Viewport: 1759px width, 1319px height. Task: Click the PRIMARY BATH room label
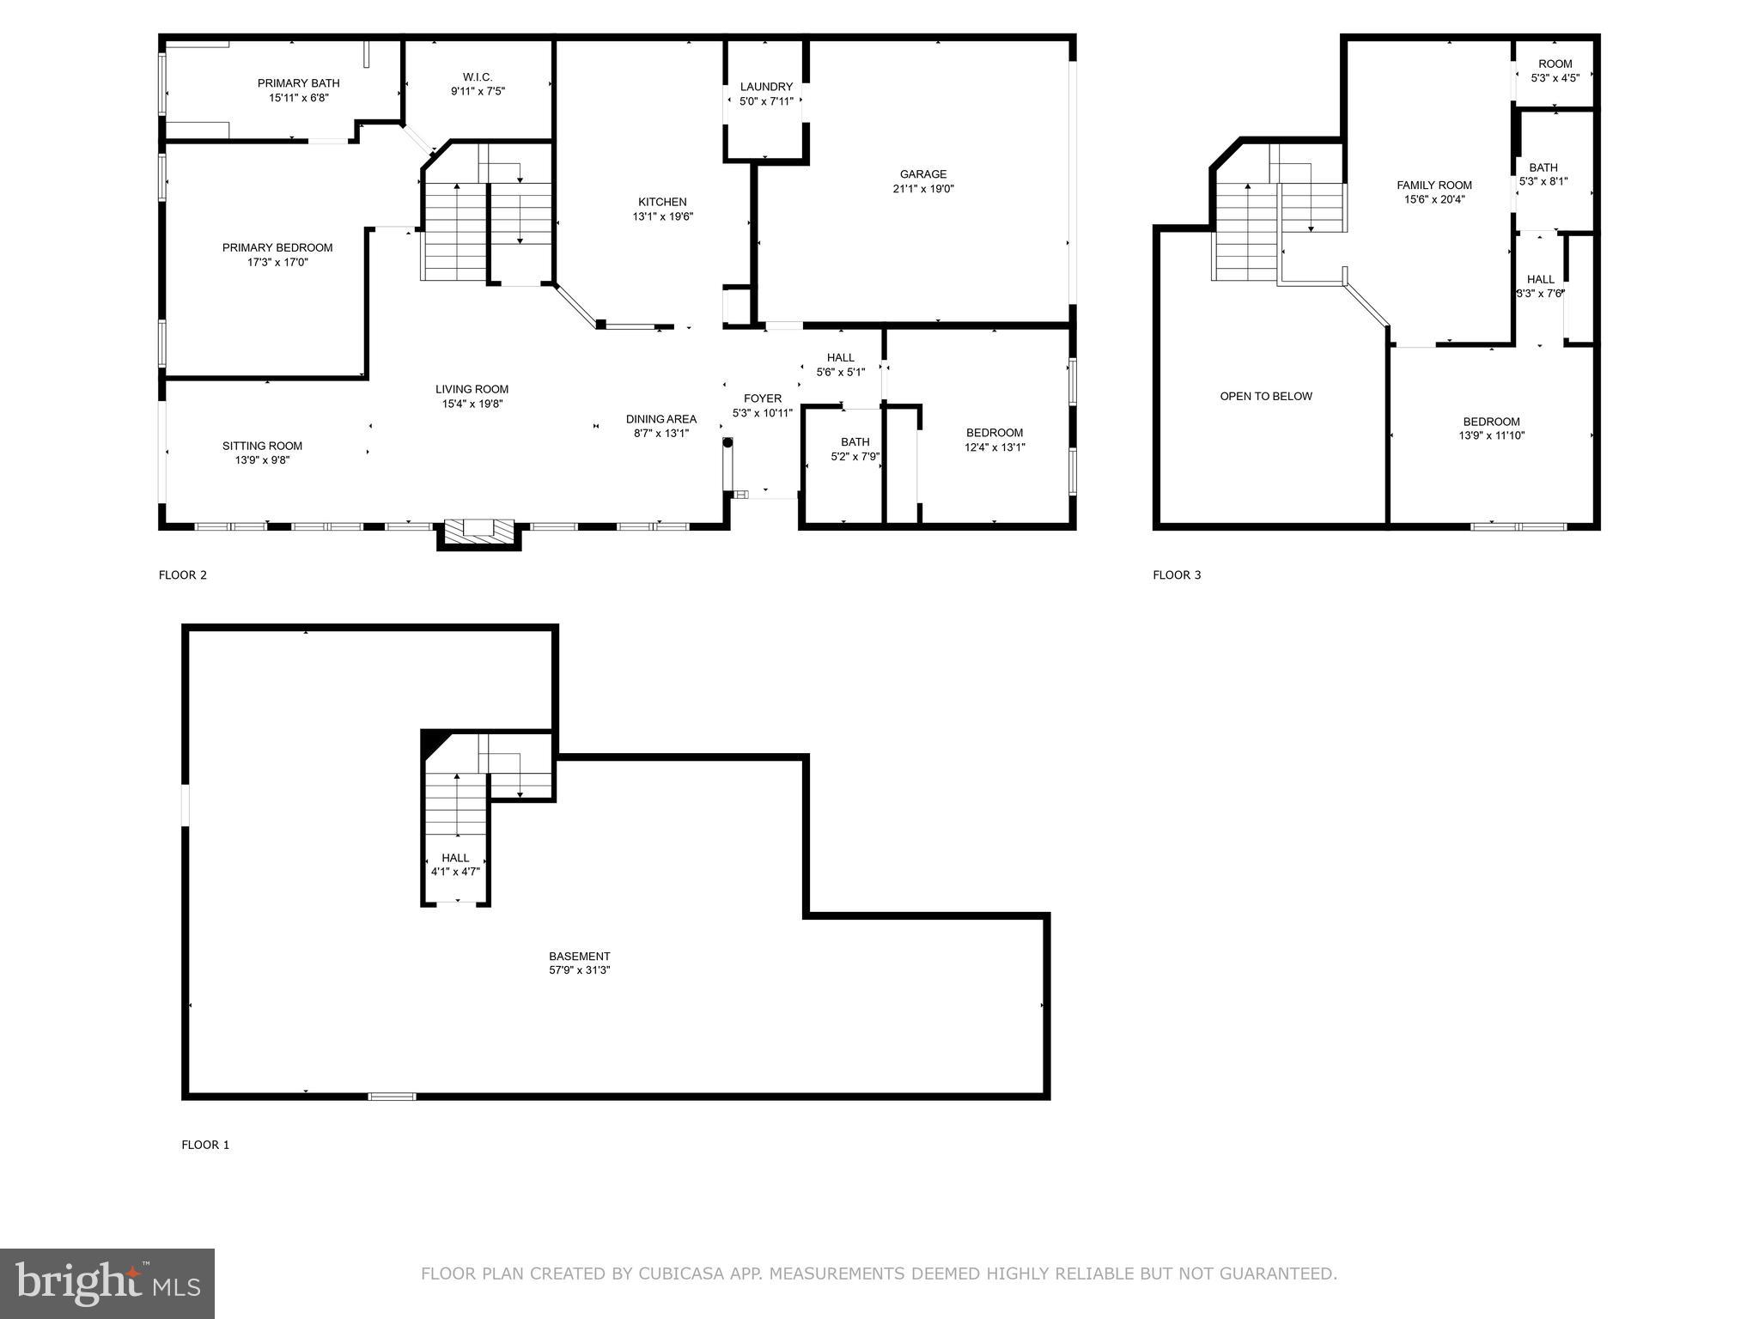coord(298,83)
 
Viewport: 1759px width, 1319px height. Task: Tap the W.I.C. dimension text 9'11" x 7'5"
coord(478,91)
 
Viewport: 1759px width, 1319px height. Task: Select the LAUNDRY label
coord(766,87)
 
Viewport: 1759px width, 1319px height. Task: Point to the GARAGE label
coord(923,174)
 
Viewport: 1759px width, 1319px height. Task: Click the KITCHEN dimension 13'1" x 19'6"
coord(662,217)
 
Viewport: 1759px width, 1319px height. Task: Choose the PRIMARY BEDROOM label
coord(277,248)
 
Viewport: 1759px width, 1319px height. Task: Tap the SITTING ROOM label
coord(262,446)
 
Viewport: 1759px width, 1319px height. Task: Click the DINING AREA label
coord(660,419)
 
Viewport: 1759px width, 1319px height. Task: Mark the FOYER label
coord(762,398)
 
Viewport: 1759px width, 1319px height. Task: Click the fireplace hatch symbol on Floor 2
coord(479,529)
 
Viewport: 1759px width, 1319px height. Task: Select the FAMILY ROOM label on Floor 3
coord(1433,185)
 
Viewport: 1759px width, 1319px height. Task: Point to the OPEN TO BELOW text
coord(1266,397)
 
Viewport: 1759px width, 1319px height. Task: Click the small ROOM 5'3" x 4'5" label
coord(1555,64)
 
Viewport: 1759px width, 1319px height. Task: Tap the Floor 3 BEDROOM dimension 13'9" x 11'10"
coord(1491,435)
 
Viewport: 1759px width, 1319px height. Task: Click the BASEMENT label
coord(579,957)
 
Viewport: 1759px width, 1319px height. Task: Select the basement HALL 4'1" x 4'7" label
coord(455,858)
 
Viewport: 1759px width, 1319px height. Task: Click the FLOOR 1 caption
coord(205,1145)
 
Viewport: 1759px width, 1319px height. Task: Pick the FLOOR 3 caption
coord(1176,575)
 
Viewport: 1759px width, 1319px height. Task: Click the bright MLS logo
coord(107,1283)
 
